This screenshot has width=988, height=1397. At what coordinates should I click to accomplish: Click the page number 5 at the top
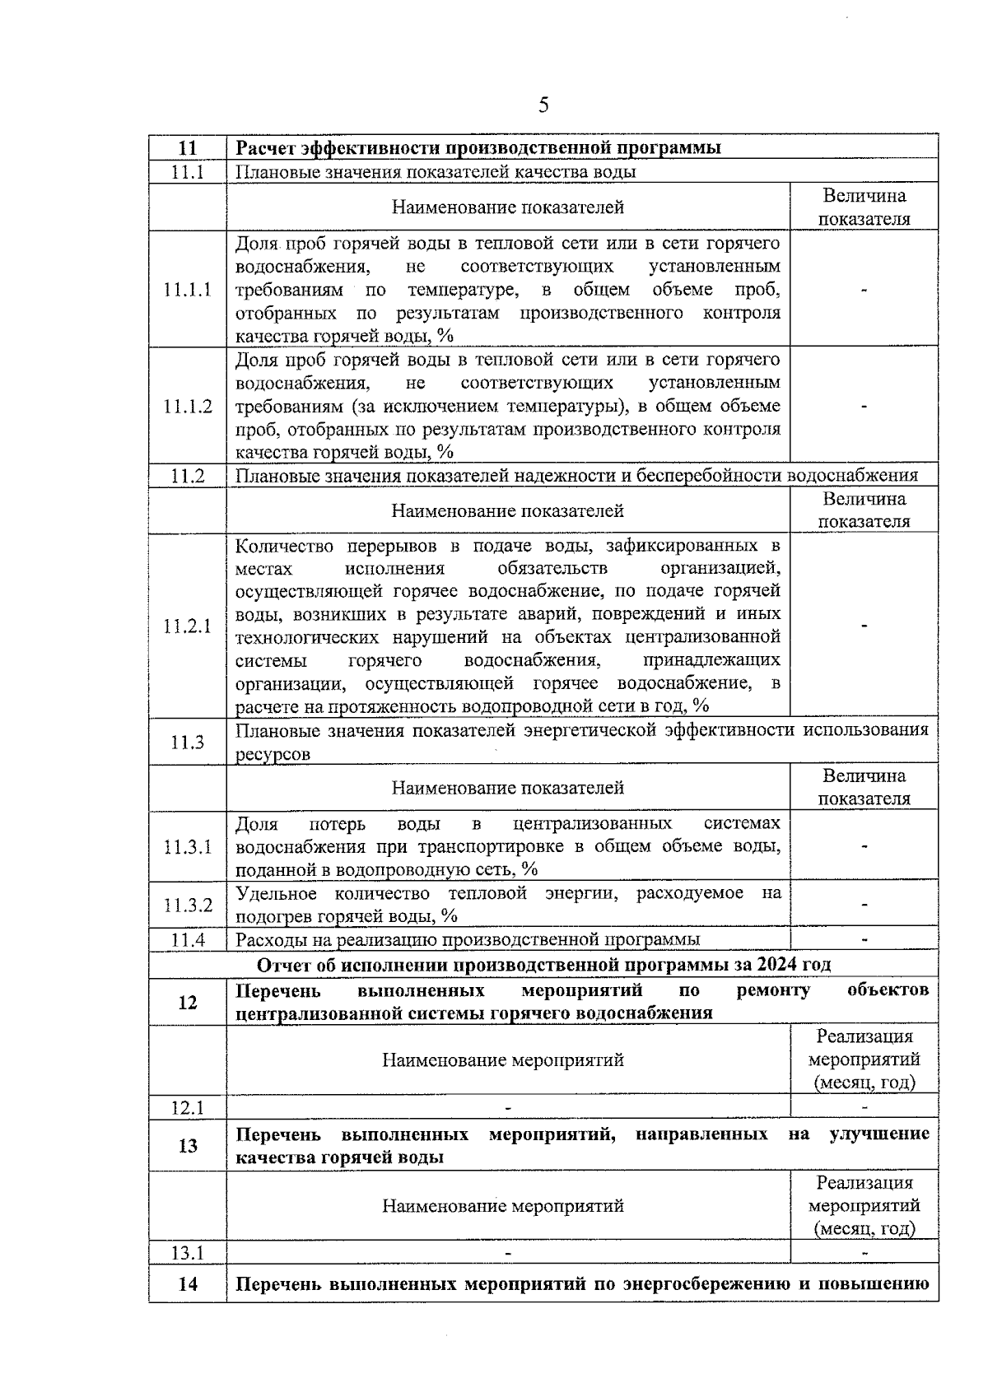[x=543, y=105]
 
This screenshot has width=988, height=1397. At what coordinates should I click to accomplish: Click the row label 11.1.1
[x=188, y=290]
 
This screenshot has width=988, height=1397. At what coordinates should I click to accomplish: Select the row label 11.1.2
[x=188, y=407]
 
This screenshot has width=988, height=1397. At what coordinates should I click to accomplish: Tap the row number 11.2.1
[x=188, y=626]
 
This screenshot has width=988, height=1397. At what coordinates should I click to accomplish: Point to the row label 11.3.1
[x=188, y=847]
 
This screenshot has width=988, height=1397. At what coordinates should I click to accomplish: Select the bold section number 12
[x=188, y=1002]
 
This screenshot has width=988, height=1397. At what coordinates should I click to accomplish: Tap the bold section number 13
[x=188, y=1146]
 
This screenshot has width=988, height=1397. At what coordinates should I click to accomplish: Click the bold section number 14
[x=188, y=1283]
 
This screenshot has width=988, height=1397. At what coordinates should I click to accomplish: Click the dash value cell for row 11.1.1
[x=864, y=290]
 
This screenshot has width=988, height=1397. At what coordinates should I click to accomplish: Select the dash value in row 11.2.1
[x=864, y=626]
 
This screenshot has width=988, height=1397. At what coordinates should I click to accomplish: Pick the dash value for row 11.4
[x=864, y=939]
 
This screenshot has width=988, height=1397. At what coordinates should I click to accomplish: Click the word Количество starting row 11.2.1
[x=283, y=546]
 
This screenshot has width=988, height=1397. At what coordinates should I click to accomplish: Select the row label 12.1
[x=188, y=1108]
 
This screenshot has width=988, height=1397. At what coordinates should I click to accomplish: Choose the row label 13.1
[x=188, y=1254]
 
